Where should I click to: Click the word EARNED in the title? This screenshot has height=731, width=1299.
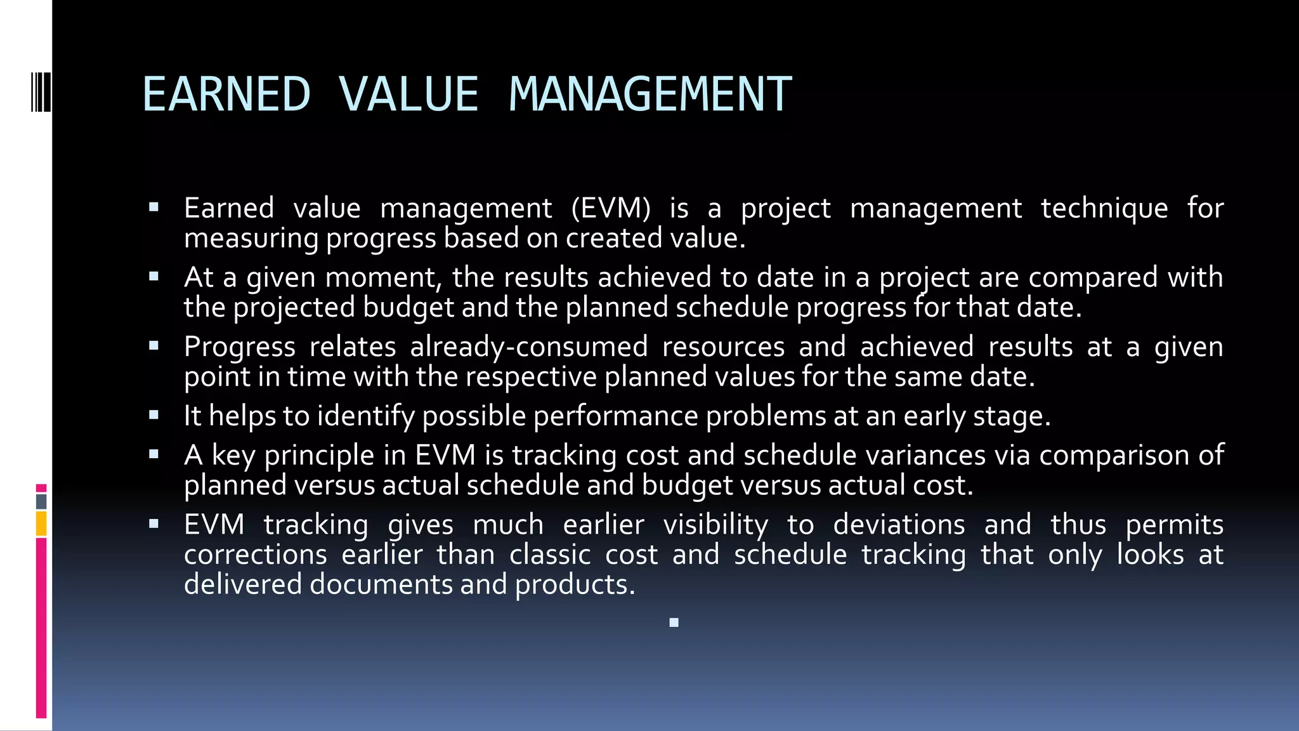click(x=226, y=95)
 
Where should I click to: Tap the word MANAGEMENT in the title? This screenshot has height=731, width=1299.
click(x=650, y=95)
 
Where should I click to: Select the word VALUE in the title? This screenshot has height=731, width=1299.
click(x=408, y=95)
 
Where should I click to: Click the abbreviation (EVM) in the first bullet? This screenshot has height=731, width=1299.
click(x=611, y=209)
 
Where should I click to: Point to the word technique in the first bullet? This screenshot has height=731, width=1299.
click(x=1104, y=209)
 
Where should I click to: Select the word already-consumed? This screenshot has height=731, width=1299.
click(x=528, y=347)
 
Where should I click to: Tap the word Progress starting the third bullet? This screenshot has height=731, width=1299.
click(x=240, y=347)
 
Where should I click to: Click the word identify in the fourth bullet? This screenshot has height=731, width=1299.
click(x=365, y=416)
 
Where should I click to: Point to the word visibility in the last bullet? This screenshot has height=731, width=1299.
click(x=715, y=525)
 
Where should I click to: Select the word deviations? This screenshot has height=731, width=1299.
click(x=899, y=525)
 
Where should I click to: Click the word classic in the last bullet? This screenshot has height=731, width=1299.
click(x=548, y=555)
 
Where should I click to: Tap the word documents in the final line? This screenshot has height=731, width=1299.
click(x=381, y=584)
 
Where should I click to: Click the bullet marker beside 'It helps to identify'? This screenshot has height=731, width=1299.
click(x=153, y=416)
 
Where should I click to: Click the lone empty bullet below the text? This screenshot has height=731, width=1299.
click(x=674, y=622)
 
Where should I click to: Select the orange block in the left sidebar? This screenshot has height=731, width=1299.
click(x=41, y=524)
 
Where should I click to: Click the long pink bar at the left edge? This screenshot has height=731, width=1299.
click(x=41, y=628)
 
